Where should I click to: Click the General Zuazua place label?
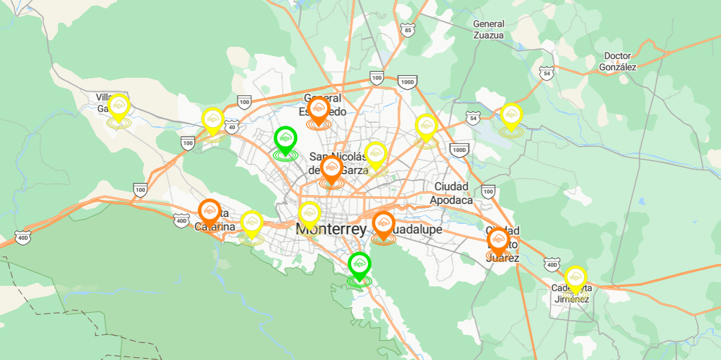488,29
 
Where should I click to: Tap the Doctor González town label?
617,61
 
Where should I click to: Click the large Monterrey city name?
331,229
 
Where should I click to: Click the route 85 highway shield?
408,30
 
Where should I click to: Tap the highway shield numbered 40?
233,127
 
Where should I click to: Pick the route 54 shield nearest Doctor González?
547,73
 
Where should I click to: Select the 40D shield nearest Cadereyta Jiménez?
551,265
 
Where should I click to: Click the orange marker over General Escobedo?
319,109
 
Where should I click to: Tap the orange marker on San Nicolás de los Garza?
332,168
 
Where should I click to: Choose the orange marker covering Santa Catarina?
209,212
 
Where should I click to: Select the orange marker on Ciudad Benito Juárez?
498,240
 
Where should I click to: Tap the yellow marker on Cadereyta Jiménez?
575,278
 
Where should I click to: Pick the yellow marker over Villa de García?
119,106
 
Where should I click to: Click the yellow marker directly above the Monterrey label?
309,213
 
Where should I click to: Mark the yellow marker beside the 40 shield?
213,120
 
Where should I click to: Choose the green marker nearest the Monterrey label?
360,265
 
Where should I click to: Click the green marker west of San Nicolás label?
285,139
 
